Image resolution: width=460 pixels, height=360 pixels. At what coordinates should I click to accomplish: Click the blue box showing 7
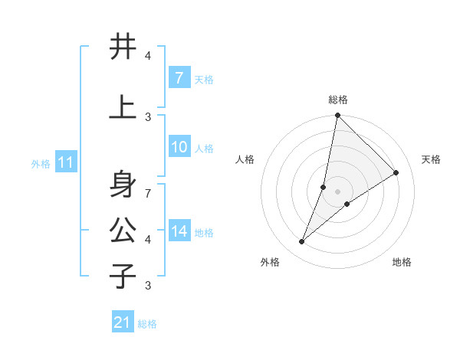point(179,78)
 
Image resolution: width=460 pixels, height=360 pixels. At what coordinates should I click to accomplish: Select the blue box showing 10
point(179,148)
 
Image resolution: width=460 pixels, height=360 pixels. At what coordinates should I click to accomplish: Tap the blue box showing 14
point(179,232)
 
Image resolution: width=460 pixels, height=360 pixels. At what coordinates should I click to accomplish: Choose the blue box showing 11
point(66,162)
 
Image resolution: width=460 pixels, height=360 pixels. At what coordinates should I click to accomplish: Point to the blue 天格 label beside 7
point(204,79)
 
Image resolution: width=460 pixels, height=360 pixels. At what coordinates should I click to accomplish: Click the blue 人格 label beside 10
point(204,149)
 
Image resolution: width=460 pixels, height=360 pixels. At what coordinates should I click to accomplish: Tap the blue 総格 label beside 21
point(147,324)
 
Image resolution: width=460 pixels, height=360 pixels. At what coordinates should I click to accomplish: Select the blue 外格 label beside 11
point(41,163)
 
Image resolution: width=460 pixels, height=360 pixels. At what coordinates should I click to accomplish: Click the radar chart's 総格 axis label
point(338,100)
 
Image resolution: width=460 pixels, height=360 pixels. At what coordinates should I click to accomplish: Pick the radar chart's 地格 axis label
point(402,262)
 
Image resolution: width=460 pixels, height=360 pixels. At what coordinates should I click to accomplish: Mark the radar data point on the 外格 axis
point(302,242)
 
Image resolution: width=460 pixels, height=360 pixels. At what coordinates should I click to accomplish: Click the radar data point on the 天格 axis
point(396,173)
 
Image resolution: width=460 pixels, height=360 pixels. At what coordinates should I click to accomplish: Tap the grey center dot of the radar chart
point(338,191)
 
